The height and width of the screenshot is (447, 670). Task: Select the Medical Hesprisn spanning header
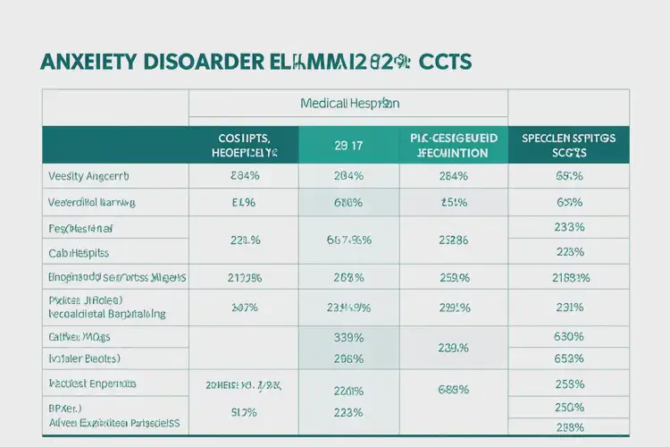pyautogui.click(x=348, y=104)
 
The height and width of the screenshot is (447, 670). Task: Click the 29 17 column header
pyautogui.click(x=348, y=145)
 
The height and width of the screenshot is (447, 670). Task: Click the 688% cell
pyautogui.click(x=348, y=202)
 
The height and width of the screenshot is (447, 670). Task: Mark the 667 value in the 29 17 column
pyautogui.click(x=348, y=240)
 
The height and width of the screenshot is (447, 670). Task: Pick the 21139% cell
pyautogui.click(x=244, y=277)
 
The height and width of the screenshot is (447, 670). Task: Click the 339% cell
pyautogui.click(x=348, y=337)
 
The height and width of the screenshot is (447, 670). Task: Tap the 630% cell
pyautogui.click(x=569, y=337)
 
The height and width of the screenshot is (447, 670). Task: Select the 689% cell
pyautogui.click(x=454, y=389)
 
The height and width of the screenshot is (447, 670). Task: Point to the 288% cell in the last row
pyautogui.click(x=569, y=427)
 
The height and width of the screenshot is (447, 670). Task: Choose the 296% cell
pyautogui.click(x=348, y=358)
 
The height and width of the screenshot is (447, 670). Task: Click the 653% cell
pyautogui.click(x=569, y=358)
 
